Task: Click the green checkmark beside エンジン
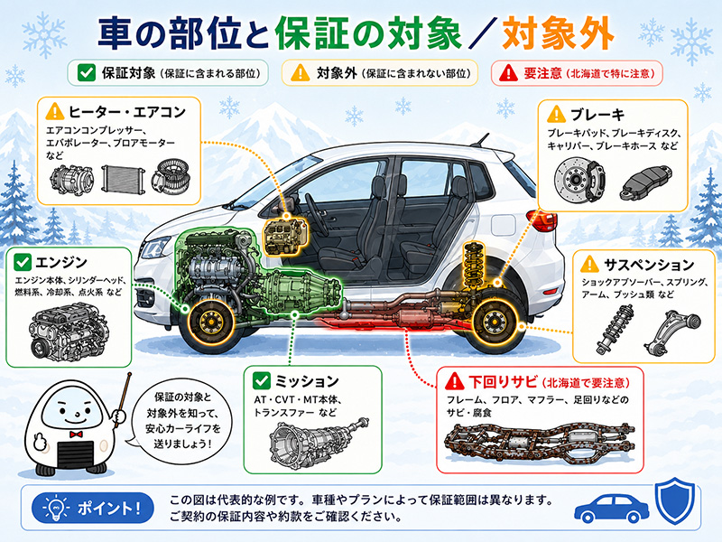(x=22, y=262)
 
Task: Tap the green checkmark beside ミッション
(x=261, y=380)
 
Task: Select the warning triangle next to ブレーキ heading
(x=556, y=114)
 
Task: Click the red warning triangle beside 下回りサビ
(x=455, y=381)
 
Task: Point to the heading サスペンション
(x=649, y=265)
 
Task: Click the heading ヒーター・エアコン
(x=126, y=111)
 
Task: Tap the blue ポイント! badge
(x=93, y=509)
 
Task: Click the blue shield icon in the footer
(x=674, y=501)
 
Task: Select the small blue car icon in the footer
(x=612, y=509)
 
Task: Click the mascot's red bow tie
(x=76, y=435)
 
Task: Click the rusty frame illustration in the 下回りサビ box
(x=539, y=443)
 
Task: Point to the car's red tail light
(x=541, y=220)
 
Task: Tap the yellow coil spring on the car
(x=474, y=263)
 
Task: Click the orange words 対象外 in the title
(x=558, y=33)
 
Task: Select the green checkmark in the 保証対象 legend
(x=86, y=72)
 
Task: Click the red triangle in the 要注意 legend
(x=509, y=73)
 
